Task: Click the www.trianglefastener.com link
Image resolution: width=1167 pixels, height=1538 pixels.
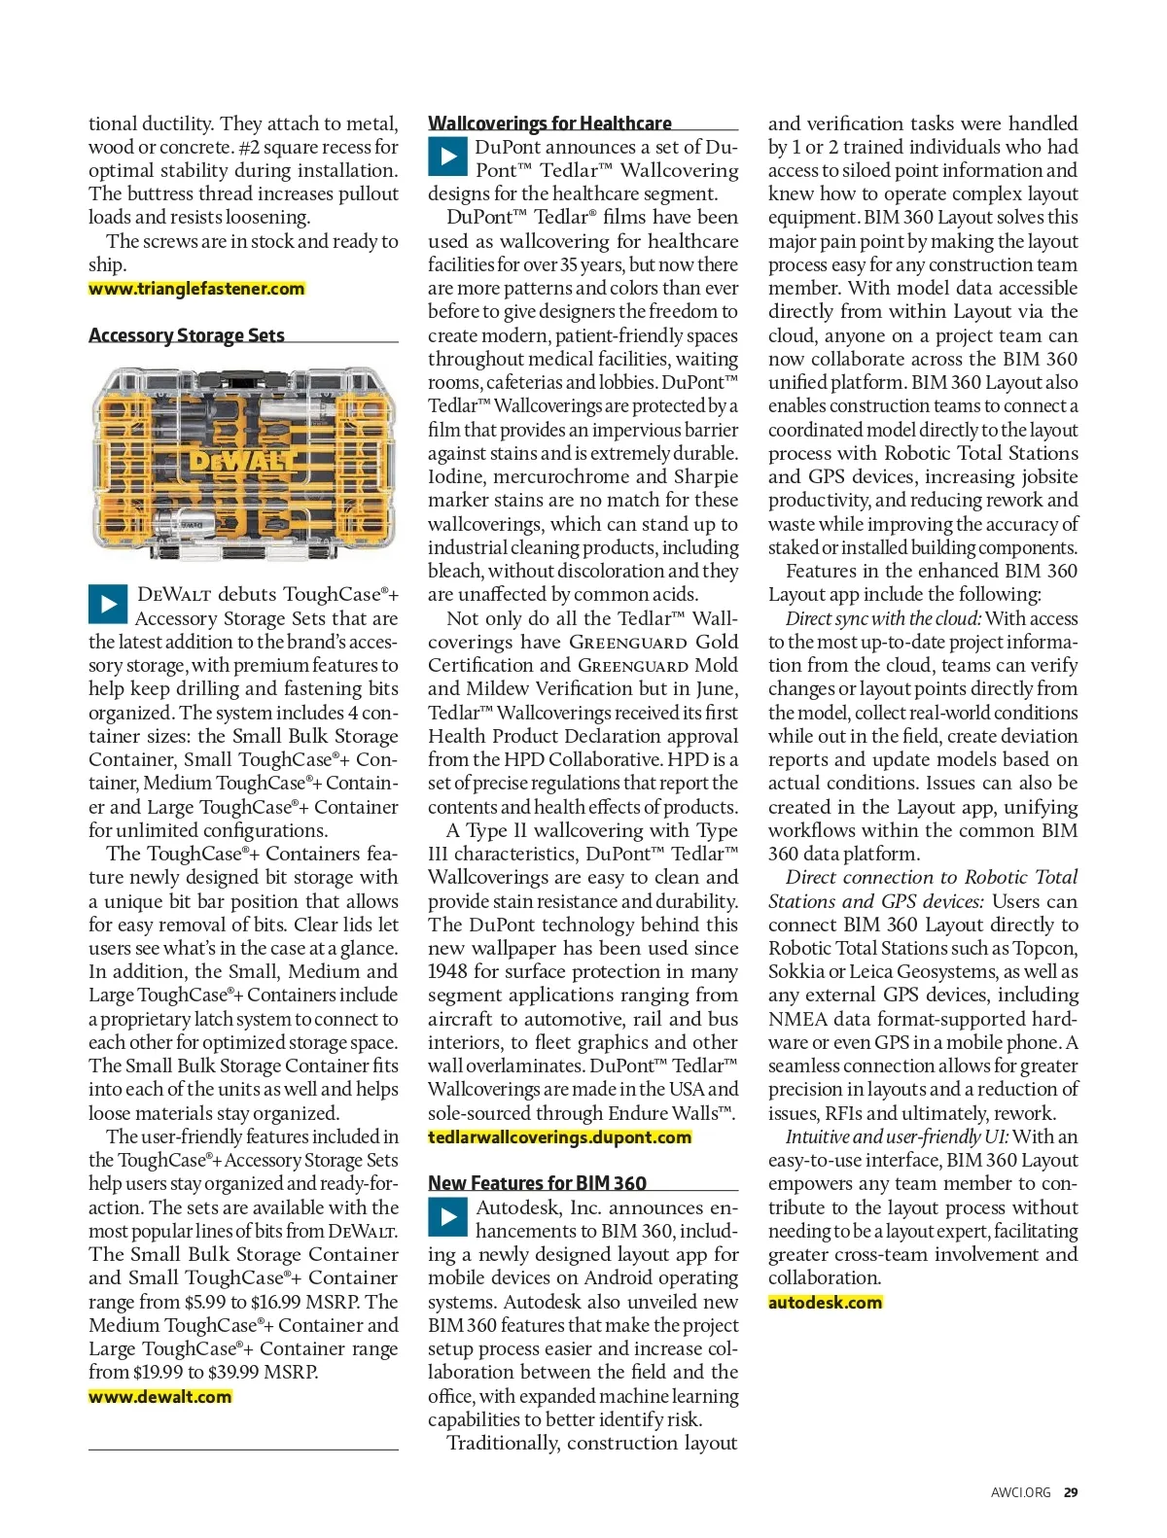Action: coord(196,289)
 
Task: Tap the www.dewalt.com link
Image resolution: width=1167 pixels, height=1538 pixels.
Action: coord(160,1397)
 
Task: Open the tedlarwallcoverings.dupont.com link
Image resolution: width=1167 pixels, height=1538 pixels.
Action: coord(559,1137)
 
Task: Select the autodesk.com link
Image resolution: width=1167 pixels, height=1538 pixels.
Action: coord(825,1303)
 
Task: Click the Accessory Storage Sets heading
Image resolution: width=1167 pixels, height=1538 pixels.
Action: coord(187,335)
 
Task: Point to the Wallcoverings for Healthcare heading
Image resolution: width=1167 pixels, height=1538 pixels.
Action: coord(549,123)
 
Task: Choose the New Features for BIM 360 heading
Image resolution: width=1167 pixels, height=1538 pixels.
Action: coord(537,1183)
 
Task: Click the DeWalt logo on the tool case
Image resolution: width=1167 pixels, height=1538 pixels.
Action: coord(242,460)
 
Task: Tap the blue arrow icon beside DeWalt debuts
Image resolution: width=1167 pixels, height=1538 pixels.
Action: coord(107,604)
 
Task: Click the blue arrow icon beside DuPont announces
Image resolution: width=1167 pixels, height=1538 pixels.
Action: coord(447,157)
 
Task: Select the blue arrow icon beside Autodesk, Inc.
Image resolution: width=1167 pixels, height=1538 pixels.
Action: coord(447,1217)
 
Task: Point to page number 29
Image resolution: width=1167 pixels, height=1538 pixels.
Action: coord(1070,1492)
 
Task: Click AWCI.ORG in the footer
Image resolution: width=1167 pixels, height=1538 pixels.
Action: coord(1020,1492)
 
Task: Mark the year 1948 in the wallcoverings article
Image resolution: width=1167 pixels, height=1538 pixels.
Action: coord(449,972)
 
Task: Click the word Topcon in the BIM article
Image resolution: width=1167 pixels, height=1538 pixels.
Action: coord(1045,949)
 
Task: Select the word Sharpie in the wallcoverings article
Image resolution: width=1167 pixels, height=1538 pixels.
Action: coord(705,477)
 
